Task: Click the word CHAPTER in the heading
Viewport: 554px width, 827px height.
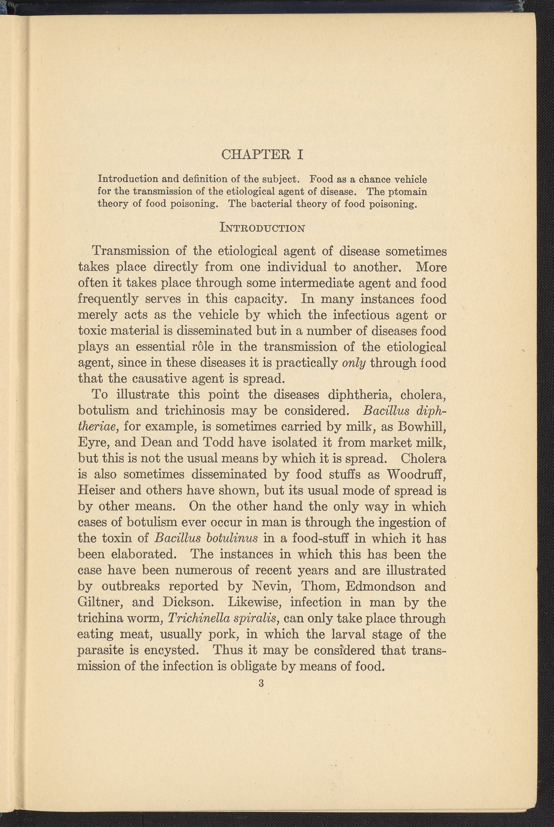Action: pyautogui.click(x=256, y=155)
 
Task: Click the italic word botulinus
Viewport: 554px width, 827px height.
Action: pyautogui.click(x=232, y=538)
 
